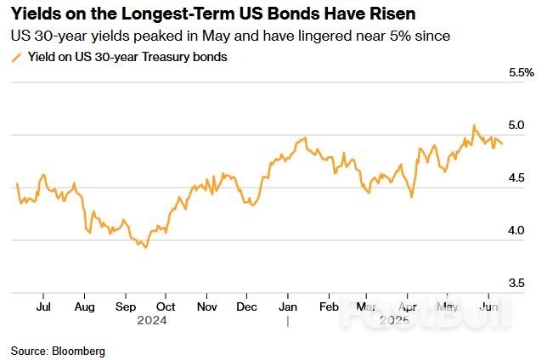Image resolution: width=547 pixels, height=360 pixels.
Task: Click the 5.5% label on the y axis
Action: click(520, 73)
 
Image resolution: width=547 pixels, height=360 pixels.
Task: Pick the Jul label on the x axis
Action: click(46, 307)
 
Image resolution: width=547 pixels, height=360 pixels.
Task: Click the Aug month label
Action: click(84, 307)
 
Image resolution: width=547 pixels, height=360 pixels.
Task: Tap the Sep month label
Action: click(125, 307)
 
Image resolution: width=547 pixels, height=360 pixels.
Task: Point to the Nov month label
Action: click(206, 307)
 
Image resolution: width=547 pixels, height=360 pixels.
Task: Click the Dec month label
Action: click(247, 307)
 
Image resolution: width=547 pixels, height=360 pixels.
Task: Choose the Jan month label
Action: click(287, 307)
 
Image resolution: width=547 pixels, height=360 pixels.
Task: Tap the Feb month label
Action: click(328, 307)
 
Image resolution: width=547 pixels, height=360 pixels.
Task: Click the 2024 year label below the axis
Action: click(151, 321)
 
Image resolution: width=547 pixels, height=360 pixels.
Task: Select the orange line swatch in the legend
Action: click(14, 57)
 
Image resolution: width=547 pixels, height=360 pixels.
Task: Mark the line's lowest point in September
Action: click(146, 247)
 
